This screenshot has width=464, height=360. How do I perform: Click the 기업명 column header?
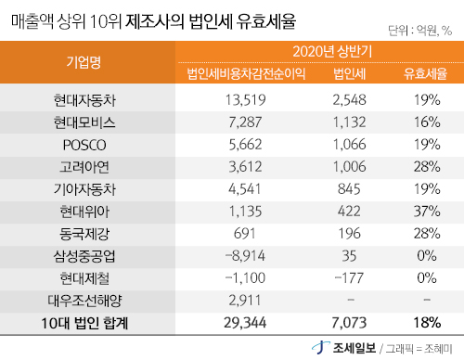pos(84,62)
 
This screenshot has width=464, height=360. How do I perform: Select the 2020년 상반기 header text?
pos(332,51)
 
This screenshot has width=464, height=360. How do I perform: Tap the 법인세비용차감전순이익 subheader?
pos(246,73)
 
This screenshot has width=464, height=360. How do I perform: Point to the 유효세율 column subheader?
pos(426,73)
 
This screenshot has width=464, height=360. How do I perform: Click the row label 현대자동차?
pos(84,100)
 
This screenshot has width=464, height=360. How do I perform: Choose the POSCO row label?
pos(84,145)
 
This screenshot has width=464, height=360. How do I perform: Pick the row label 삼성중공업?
pos(84,256)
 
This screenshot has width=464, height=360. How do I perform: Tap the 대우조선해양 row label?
pos(84,301)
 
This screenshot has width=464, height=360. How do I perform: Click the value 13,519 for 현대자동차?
pos(245,100)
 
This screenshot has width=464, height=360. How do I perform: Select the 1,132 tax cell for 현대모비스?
pos(349,122)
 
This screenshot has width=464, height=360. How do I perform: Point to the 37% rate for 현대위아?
pos(427,212)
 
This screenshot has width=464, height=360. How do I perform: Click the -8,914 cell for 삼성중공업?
pos(245,256)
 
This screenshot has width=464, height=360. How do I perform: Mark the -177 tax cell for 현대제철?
pos(349,278)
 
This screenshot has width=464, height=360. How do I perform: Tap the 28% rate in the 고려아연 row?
pos(427,167)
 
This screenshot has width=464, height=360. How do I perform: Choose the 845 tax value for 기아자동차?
pos(349,189)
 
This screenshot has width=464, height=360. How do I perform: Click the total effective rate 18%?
pos(427,323)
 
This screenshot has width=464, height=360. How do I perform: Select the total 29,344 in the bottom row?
pos(245,323)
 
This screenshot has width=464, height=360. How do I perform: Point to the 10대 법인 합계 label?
pos(84,323)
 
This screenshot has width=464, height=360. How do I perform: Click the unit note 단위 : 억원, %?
pos(420,31)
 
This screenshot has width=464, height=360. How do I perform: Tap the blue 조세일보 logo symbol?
pos(320,347)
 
